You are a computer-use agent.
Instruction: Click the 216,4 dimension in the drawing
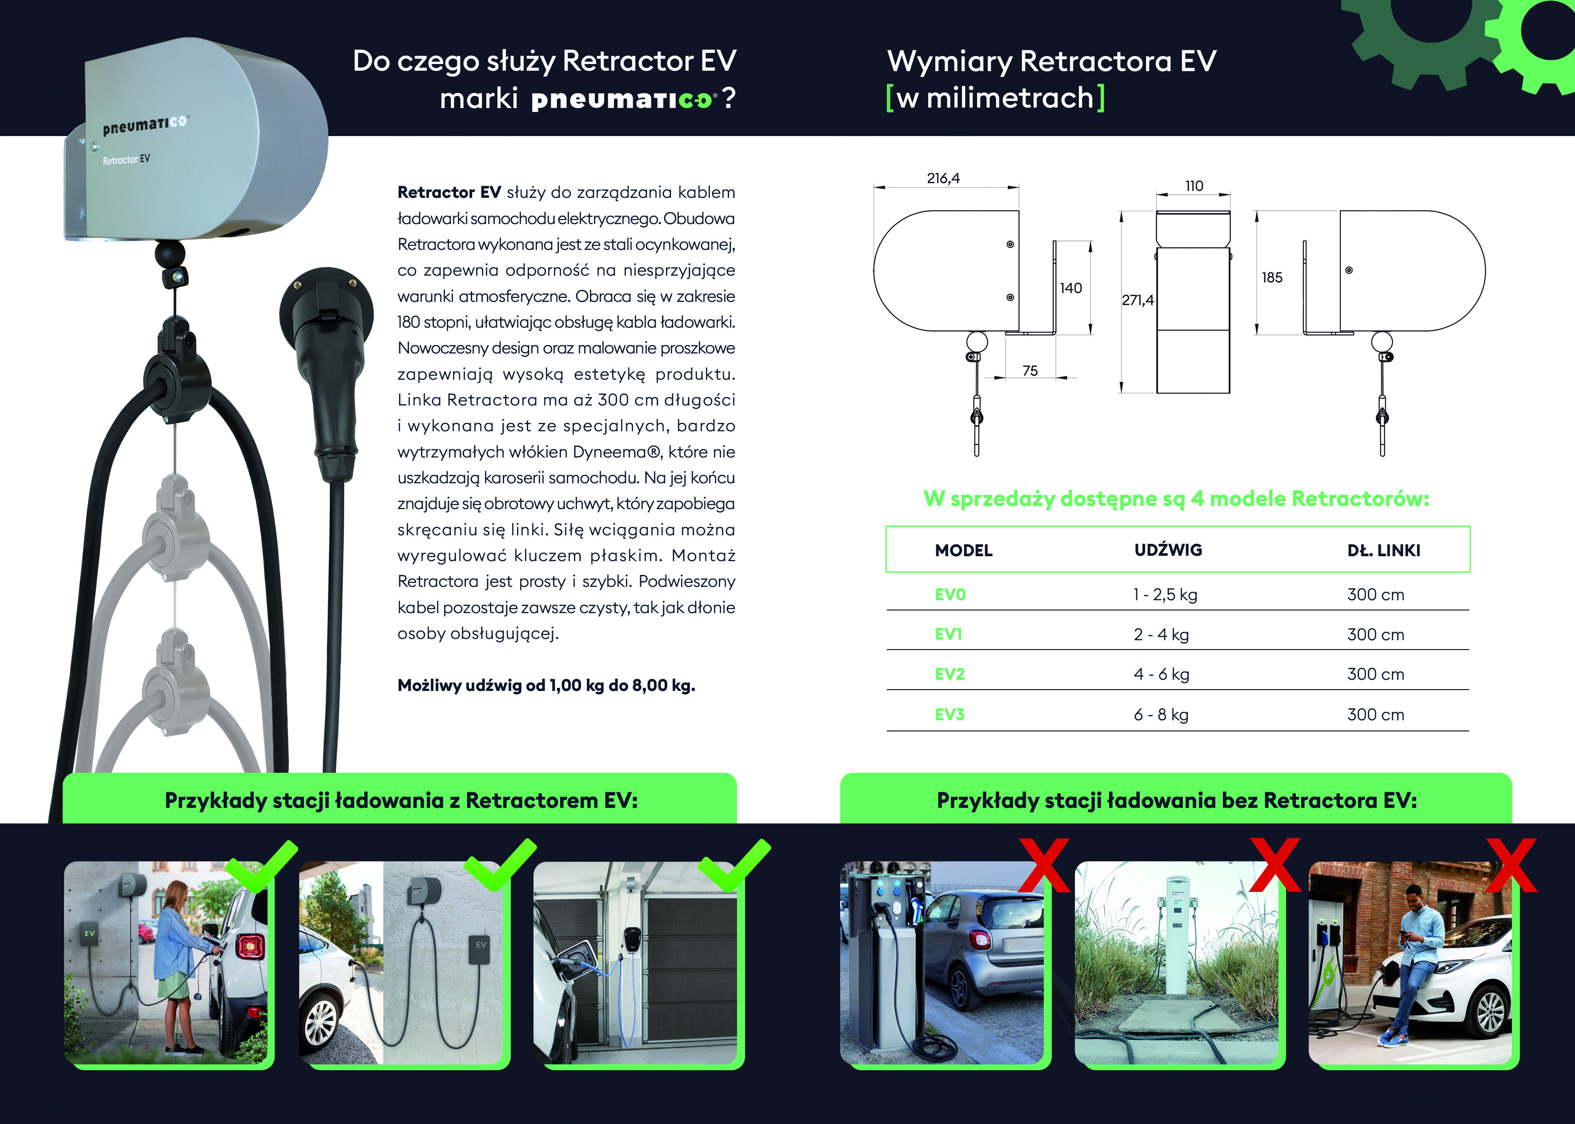(x=943, y=179)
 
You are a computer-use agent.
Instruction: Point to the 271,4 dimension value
(x=1138, y=301)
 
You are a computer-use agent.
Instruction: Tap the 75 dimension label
(x=1030, y=371)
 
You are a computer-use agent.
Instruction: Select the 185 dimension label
(x=1272, y=277)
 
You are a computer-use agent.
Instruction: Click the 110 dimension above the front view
(x=1194, y=186)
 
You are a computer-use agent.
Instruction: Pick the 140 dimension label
(x=1070, y=288)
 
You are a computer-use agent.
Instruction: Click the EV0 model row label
(x=950, y=594)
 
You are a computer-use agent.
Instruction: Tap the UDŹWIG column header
(x=1168, y=550)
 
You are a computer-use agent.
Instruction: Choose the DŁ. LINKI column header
(x=1383, y=550)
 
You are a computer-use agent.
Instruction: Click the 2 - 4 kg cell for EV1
(x=1161, y=634)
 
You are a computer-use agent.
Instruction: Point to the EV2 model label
(x=950, y=674)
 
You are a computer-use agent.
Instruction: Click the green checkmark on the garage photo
(x=733, y=865)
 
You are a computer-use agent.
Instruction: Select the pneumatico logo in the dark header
(x=621, y=100)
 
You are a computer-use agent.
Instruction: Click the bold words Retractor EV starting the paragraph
(x=449, y=193)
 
